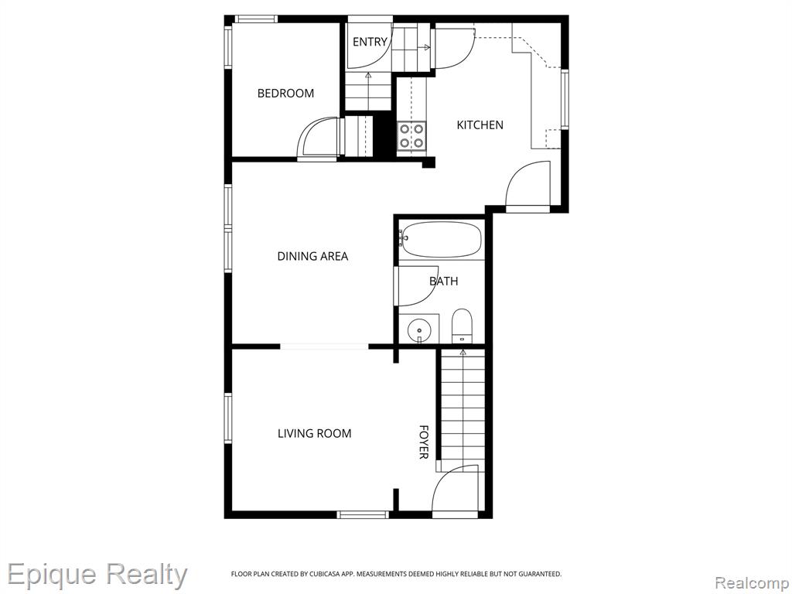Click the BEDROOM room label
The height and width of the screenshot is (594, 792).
pyautogui.click(x=285, y=94)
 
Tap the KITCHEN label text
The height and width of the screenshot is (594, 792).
pyautogui.click(x=480, y=125)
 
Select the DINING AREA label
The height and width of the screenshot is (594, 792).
pyautogui.click(x=312, y=256)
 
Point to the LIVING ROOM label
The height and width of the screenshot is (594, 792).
pyautogui.click(x=314, y=433)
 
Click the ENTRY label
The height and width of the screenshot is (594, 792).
pyautogui.click(x=370, y=42)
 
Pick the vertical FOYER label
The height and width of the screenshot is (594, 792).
pyautogui.click(x=424, y=442)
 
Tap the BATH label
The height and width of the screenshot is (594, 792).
pyautogui.click(x=443, y=282)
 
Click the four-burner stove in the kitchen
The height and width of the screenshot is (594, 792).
pyautogui.click(x=411, y=136)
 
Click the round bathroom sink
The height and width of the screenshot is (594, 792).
pyautogui.click(x=419, y=330)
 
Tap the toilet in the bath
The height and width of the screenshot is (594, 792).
pyautogui.click(x=462, y=326)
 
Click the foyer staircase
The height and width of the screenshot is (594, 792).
pyautogui.click(x=463, y=410)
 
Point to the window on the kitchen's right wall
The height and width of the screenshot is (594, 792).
pyautogui.click(x=565, y=100)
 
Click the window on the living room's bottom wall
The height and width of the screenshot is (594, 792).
pyautogui.click(x=363, y=514)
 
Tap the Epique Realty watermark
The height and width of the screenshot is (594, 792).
pyautogui.click(x=97, y=575)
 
